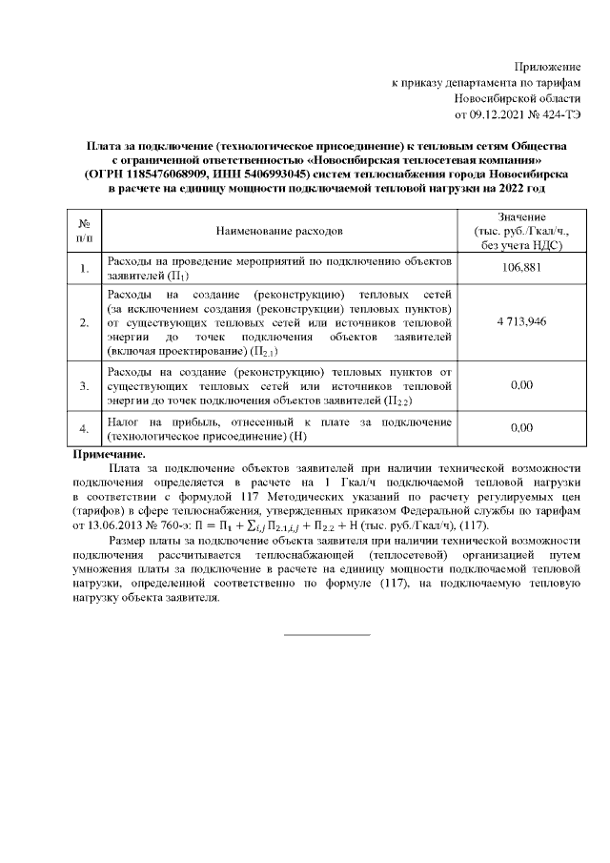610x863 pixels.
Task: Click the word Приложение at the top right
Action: click(x=547, y=66)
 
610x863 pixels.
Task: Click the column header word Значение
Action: click(x=520, y=217)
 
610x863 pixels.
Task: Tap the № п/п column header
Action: click(x=84, y=231)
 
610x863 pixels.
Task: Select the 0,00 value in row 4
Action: click(x=520, y=428)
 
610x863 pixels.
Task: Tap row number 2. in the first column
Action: click(x=84, y=322)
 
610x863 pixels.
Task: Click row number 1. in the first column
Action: click(x=84, y=269)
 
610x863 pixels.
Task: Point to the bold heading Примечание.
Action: click(x=110, y=455)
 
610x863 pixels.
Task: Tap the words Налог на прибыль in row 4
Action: click(x=153, y=421)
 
